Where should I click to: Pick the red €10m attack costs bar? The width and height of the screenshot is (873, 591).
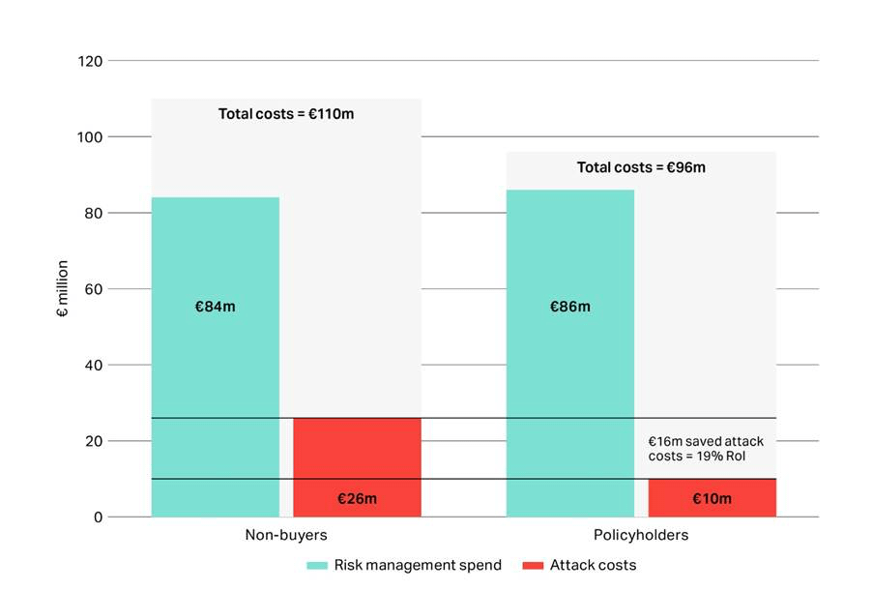[712, 498]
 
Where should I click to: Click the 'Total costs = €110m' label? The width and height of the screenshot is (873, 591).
[286, 114]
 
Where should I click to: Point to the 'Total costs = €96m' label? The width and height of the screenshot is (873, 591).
[641, 167]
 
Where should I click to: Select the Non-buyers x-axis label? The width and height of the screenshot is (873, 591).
[286, 535]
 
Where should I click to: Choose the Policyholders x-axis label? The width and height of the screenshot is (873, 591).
[641, 535]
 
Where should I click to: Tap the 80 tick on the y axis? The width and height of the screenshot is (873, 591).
[94, 213]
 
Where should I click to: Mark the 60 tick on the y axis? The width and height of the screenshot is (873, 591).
[94, 289]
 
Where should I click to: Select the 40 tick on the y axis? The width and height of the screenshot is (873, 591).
[94, 365]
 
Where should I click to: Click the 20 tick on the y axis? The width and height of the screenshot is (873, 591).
[94, 441]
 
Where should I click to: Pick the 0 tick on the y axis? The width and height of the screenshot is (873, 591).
[98, 517]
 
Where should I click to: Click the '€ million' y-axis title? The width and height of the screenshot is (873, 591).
[63, 289]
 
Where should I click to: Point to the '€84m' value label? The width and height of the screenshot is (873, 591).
[215, 307]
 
